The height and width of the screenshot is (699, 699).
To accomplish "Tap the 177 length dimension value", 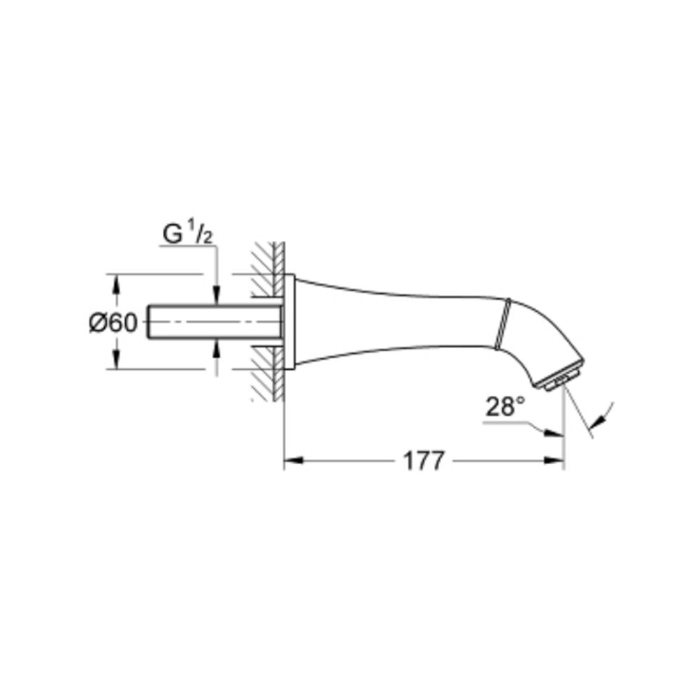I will pos(424,461).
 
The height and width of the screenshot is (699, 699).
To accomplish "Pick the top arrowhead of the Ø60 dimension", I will pos(117,282).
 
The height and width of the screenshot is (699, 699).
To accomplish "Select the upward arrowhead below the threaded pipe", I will pos(217,346).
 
